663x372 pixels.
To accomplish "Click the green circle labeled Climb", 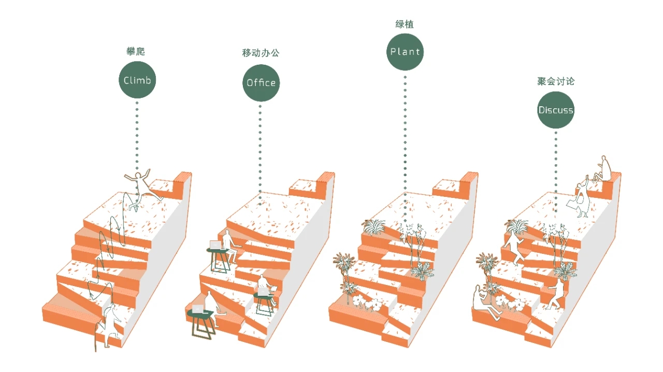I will (x=137, y=80).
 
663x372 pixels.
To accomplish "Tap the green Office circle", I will (x=261, y=83).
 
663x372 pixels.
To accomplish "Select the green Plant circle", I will (x=405, y=52).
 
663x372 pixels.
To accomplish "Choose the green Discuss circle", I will (x=556, y=110).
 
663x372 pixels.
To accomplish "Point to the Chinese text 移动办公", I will (x=261, y=53).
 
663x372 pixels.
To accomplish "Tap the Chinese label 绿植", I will (x=405, y=24).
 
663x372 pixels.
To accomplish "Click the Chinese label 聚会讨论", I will (x=556, y=81).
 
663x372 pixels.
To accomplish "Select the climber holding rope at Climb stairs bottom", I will (x=110, y=324).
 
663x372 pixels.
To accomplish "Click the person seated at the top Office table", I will (x=228, y=246).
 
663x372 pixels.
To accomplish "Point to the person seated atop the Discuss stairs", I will (x=603, y=168).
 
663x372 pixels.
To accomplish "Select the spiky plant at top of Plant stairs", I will (x=373, y=226).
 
